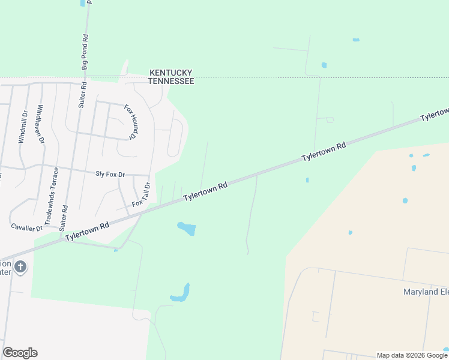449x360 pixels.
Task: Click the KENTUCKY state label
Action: pyautogui.click(x=171, y=71)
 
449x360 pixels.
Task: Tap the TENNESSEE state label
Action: pyautogui.click(x=171, y=80)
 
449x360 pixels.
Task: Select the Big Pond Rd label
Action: pyautogui.click(x=85, y=51)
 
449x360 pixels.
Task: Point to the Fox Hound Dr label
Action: pyautogui.click(x=130, y=122)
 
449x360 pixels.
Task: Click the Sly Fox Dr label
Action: pyautogui.click(x=110, y=175)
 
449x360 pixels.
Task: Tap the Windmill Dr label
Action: pyautogui.click(x=23, y=127)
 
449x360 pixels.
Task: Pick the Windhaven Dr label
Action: pyautogui.click(x=40, y=124)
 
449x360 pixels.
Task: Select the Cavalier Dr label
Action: pyautogui.click(x=27, y=227)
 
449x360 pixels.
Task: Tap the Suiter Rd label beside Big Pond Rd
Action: pyautogui.click(x=82, y=94)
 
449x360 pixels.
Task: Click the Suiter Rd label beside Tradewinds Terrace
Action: pyautogui.click(x=64, y=217)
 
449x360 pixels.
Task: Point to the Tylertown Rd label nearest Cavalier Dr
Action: pyautogui.click(x=88, y=231)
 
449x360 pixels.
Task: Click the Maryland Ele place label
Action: pyautogui.click(x=425, y=292)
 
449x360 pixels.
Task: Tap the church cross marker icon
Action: pyautogui.click(x=20, y=266)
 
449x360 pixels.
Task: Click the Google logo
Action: pyautogui.click(x=20, y=353)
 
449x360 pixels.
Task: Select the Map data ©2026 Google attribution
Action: pyautogui.click(x=412, y=355)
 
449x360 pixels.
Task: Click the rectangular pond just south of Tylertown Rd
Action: pyautogui.click(x=186, y=229)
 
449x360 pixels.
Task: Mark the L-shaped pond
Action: pyautogui.click(x=181, y=294)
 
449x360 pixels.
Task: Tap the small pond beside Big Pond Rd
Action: pyautogui.click(x=82, y=3)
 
